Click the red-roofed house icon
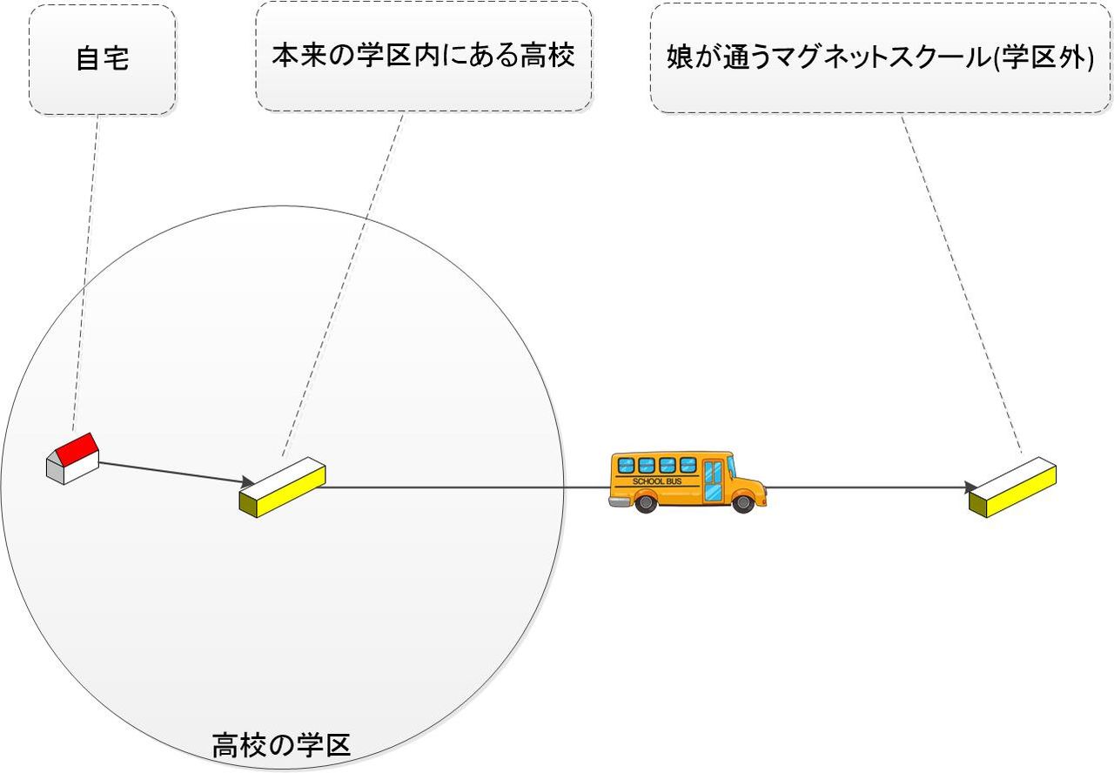[72, 459]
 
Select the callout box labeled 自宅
[103, 60]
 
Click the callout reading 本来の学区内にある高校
[424, 57]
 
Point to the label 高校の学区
[281, 746]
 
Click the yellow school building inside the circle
[282, 487]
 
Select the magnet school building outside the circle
[1012, 487]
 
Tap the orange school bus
[687, 481]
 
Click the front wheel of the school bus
[742, 501]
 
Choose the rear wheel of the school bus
[645, 501]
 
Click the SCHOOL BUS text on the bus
[657, 481]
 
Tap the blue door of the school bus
[713, 481]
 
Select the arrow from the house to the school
[174, 471]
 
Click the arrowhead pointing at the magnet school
[976, 487]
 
